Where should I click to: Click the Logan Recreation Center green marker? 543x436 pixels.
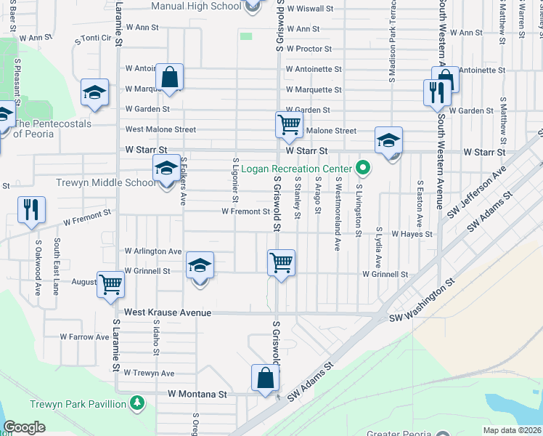coord(364,169)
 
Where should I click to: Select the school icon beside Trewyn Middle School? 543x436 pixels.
coord(166,169)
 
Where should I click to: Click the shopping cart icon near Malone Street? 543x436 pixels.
coord(288,124)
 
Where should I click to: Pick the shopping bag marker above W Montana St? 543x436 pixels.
coord(265,378)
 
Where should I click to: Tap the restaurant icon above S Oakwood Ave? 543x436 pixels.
coord(31,209)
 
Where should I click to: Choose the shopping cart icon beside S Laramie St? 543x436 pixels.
coord(111,284)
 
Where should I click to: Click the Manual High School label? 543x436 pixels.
coord(195,6)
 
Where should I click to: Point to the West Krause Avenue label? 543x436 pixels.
coord(167,312)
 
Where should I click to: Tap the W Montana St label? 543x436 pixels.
coord(197,393)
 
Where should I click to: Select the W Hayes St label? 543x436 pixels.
coord(412,235)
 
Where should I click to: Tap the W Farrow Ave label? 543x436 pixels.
coord(84,337)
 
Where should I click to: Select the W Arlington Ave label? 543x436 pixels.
coord(153,251)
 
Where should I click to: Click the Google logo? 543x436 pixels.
coord(24,427)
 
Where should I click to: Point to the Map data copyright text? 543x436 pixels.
coord(512,429)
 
